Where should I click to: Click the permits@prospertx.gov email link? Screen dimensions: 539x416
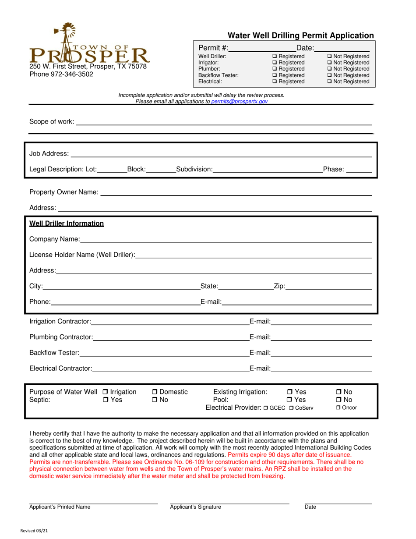[239, 101]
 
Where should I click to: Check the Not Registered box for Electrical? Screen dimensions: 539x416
[329, 82]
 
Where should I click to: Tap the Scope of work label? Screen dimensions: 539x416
[51, 121]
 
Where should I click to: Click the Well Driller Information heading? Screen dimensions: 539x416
[67, 223]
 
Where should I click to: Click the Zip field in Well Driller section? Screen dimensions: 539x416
[328, 286]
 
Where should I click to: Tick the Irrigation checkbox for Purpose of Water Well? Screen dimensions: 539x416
[105, 392]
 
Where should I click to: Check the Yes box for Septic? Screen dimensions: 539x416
[105, 400]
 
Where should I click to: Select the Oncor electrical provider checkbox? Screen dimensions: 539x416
[338, 408]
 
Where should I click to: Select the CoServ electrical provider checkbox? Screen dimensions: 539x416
[291, 408]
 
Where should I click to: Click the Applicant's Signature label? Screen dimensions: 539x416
[195, 507]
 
